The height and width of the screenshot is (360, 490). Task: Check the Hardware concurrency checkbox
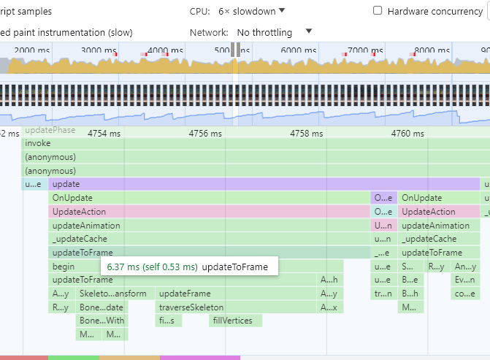(x=378, y=11)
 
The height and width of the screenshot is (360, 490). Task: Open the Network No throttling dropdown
(x=274, y=32)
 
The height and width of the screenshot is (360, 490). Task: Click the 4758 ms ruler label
(x=306, y=134)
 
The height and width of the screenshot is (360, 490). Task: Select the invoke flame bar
(x=219, y=144)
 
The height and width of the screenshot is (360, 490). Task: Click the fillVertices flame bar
(x=235, y=321)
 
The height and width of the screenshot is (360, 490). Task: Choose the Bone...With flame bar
(x=102, y=321)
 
